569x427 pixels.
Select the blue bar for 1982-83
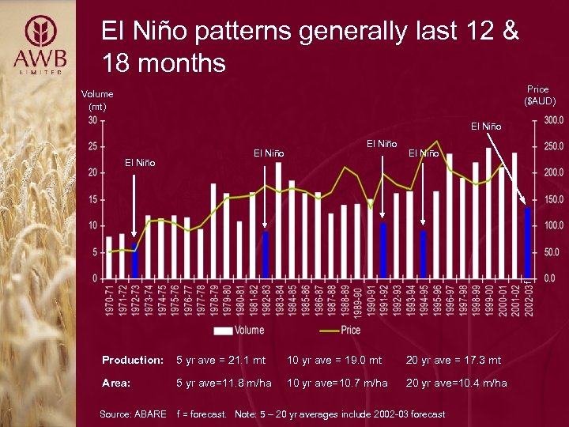pos(266,255)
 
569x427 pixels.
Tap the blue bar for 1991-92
pos(383,251)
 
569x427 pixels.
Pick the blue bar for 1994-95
pos(423,254)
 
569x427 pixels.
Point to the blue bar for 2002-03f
pos(527,243)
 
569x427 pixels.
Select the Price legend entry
pos(340,330)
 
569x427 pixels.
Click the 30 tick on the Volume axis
pos(92,120)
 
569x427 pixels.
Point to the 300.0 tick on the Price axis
pos(552,120)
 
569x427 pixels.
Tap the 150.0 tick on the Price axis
pos(552,199)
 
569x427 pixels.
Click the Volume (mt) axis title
pos(97,100)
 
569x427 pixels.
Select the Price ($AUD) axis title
pos(540,95)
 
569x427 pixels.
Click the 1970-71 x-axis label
pos(109,299)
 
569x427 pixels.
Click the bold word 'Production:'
pos(132,361)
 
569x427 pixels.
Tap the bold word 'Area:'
pos(116,383)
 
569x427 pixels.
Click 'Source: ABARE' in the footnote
pos(134,414)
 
